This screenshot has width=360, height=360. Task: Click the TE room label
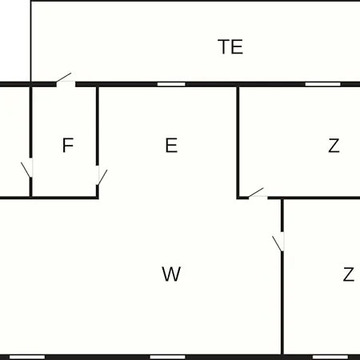pyautogui.click(x=230, y=46)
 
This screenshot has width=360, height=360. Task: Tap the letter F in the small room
pyautogui.click(x=68, y=145)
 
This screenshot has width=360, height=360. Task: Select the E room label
pyautogui.click(x=171, y=145)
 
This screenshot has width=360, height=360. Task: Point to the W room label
pyautogui.click(x=171, y=274)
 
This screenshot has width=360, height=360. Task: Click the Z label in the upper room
pyautogui.click(x=334, y=146)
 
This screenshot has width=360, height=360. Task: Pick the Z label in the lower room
pyautogui.click(x=349, y=274)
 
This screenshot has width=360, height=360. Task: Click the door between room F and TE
pyautogui.click(x=66, y=82)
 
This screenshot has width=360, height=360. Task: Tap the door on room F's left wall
pyautogui.click(x=27, y=168)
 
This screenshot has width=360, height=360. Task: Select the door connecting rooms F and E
pyautogui.click(x=102, y=175)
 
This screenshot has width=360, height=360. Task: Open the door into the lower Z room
pyautogui.click(x=278, y=242)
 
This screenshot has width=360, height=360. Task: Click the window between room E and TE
pyautogui.click(x=171, y=84)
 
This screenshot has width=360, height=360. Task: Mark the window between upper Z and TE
pyautogui.click(x=323, y=84)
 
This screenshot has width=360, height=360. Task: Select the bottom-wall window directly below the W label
pyautogui.click(x=167, y=357)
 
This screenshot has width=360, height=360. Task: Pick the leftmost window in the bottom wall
pyautogui.click(x=27, y=357)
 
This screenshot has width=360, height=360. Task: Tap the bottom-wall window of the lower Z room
pyautogui.click(x=330, y=357)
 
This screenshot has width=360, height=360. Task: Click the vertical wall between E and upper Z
pyautogui.click(x=238, y=142)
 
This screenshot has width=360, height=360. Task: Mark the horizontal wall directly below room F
pyautogui.click(x=65, y=198)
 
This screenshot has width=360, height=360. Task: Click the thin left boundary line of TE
pyautogui.click(x=31, y=42)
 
